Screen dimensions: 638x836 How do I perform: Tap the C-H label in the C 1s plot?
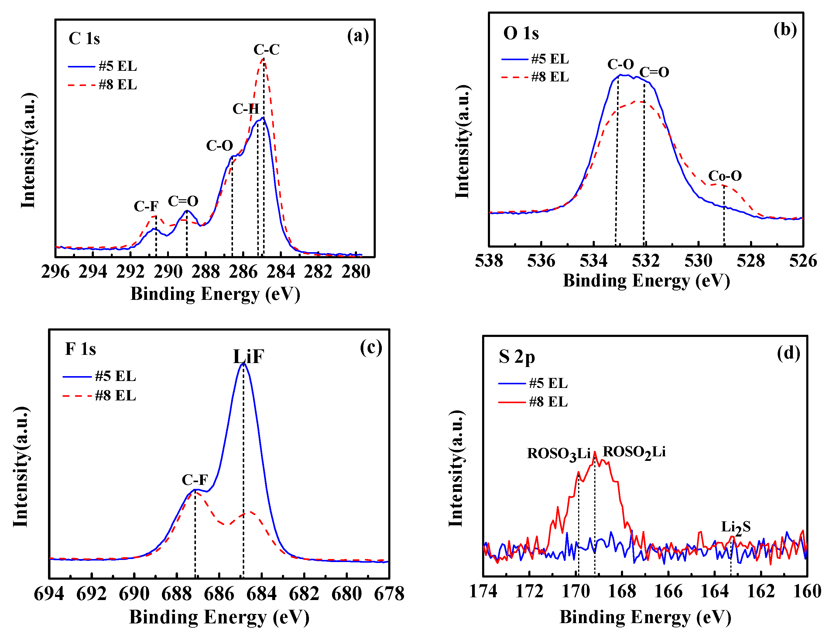246,109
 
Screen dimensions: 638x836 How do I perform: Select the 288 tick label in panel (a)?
205,272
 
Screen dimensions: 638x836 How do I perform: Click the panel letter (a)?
358,36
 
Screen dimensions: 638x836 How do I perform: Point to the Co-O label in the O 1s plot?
725,176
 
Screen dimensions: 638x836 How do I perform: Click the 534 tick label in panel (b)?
593,261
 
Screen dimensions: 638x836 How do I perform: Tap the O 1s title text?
521,33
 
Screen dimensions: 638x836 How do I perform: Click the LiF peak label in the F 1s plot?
248,357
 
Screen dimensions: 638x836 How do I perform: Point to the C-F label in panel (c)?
195,480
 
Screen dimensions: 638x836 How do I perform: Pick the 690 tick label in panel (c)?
134,594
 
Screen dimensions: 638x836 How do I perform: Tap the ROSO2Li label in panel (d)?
634,452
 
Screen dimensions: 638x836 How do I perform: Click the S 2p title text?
517,357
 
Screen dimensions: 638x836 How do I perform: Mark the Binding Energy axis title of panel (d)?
645,617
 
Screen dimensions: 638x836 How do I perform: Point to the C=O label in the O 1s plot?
654,72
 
